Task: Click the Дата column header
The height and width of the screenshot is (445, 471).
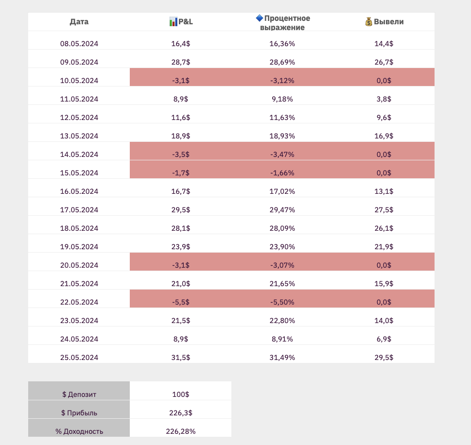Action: (x=79, y=21)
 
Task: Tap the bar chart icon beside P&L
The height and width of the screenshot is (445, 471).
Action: (x=173, y=21)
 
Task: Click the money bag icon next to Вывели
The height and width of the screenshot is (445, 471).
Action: (x=369, y=21)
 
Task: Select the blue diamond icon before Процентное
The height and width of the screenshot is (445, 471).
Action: (x=260, y=18)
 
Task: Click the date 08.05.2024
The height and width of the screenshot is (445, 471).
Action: (x=79, y=44)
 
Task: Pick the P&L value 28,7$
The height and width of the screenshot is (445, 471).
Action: (x=180, y=62)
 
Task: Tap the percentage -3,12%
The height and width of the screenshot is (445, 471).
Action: (x=282, y=81)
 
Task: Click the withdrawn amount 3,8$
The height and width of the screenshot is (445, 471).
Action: (x=384, y=99)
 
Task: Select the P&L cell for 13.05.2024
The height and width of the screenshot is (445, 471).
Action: (x=180, y=136)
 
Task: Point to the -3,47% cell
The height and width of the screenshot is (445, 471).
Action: (x=282, y=154)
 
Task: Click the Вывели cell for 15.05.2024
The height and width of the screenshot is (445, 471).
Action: (x=384, y=173)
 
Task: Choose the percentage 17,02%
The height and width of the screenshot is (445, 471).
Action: (x=282, y=191)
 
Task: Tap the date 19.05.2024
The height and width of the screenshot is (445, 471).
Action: (x=79, y=247)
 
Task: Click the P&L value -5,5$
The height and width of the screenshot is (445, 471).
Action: (x=180, y=302)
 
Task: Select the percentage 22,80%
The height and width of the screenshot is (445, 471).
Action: (x=282, y=321)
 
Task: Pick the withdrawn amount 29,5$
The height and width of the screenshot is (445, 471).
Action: (x=384, y=358)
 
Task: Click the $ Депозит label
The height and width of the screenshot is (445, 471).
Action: (x=80, y=394)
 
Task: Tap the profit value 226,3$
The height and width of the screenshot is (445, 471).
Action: (x=180, y=413)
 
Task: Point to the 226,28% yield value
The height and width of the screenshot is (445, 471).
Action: (x=180, y=431)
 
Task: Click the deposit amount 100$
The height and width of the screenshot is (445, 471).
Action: (x=180, y=394)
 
